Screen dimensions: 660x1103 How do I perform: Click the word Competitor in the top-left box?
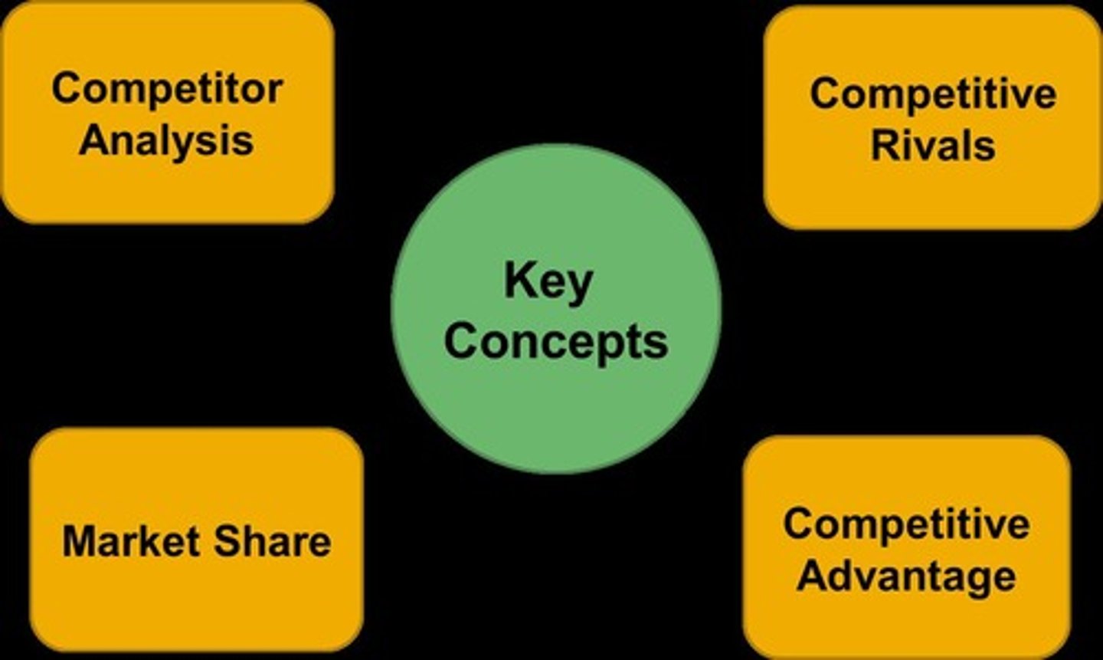coord(167,89)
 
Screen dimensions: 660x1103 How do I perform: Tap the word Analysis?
coord(166,140)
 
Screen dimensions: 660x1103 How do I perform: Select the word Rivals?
coord(933,145)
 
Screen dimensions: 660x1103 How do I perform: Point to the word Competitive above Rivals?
coord(933,94)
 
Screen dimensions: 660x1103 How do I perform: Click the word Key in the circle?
coord(548,282)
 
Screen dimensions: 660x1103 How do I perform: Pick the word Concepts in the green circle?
coord(555,341)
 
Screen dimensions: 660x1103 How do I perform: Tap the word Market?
coord(132,541)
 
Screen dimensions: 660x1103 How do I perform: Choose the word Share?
coord(272,541)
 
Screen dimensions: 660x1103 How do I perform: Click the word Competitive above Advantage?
coord(906,524)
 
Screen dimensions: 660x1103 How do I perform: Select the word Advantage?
coord(906,576)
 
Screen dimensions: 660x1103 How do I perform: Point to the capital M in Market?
coord(78,541)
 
